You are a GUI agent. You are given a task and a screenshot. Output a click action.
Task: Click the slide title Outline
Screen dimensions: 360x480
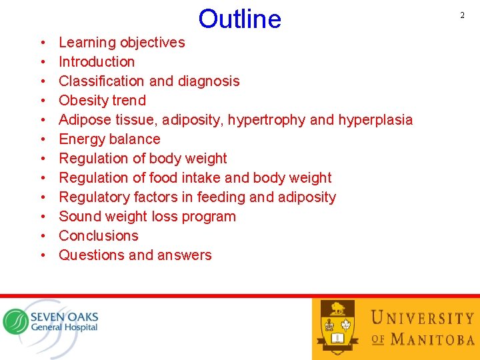(x=239, y=19)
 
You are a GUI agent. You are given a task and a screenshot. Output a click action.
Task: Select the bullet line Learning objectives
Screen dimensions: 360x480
(x=121, y=43)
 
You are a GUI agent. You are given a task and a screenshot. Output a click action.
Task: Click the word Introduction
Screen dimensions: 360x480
(x=97, y=62)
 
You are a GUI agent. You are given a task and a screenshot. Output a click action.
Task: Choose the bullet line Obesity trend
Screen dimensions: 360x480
(x=102, y=101)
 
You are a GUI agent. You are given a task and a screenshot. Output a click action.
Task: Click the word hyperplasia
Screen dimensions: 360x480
(x=375, y=120)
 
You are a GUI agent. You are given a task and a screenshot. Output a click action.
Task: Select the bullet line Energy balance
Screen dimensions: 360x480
(x=109, y=139)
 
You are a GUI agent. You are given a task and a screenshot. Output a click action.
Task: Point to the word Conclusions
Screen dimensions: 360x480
(x=99, y=236)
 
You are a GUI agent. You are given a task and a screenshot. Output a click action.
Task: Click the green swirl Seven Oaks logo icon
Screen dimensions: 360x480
(x=15, y=321)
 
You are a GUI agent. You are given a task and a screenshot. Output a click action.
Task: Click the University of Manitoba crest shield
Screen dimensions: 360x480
(x=338, y=326)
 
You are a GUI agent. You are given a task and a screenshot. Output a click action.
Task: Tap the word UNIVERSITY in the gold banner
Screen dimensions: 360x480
(x=422, y=318)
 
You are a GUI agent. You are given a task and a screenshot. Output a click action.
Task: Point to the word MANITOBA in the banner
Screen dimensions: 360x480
(x=433, y=339)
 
